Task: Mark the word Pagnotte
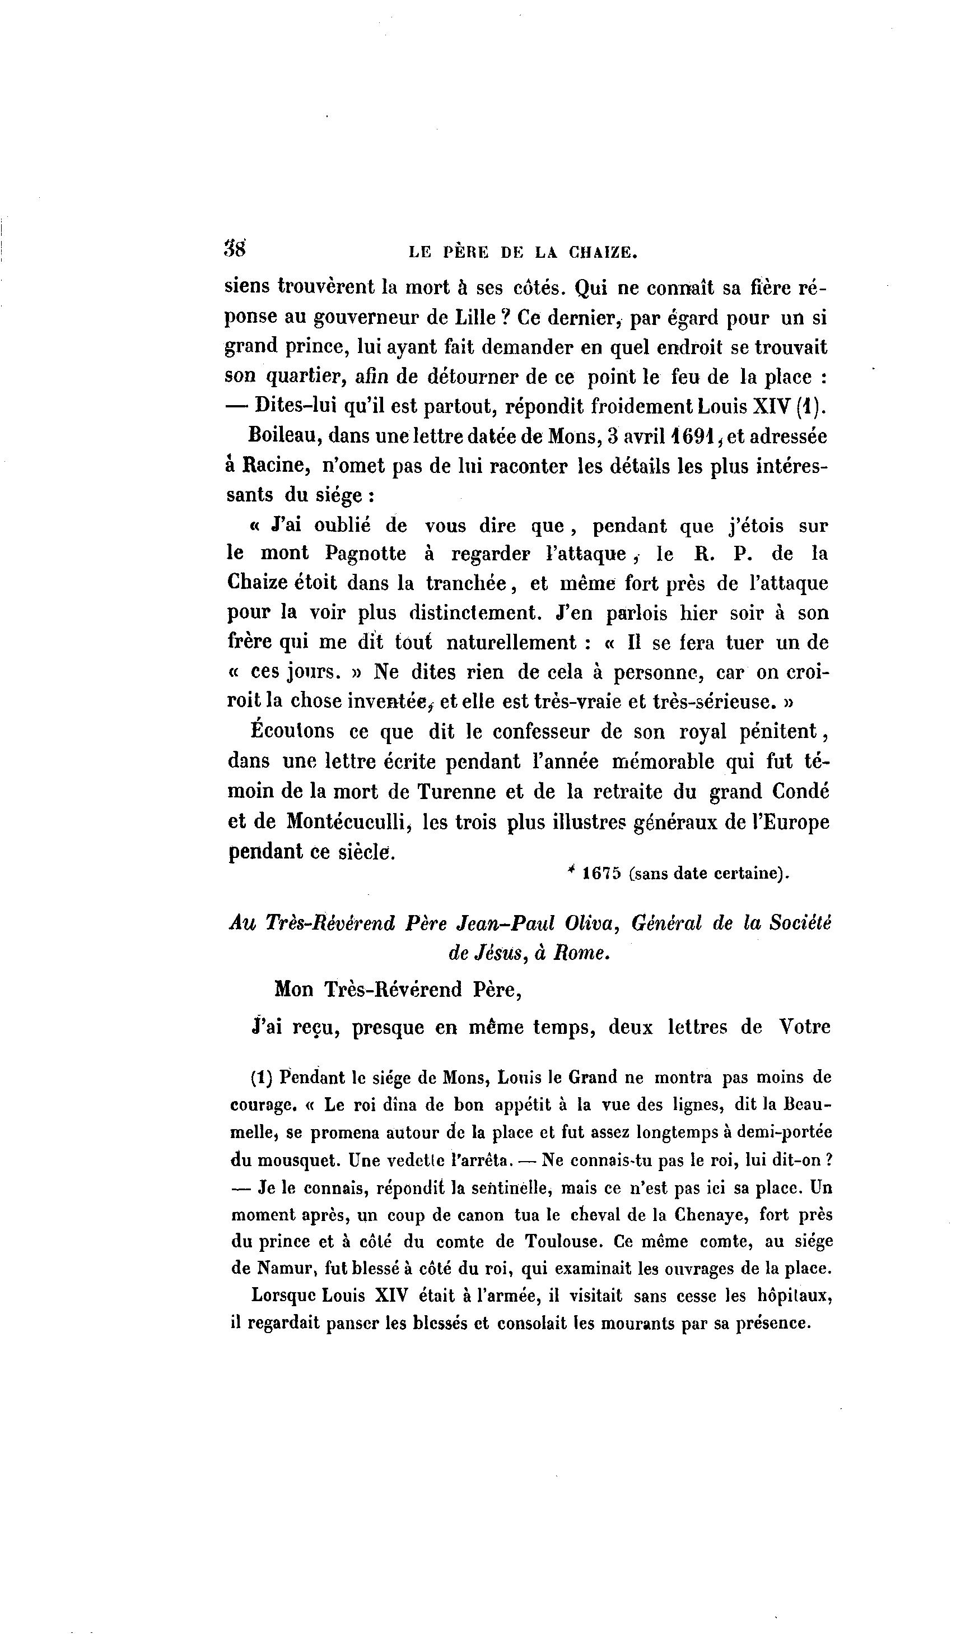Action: coord(365,554)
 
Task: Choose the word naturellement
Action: coord(511,643)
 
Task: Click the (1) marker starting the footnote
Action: coord(261,1077)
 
